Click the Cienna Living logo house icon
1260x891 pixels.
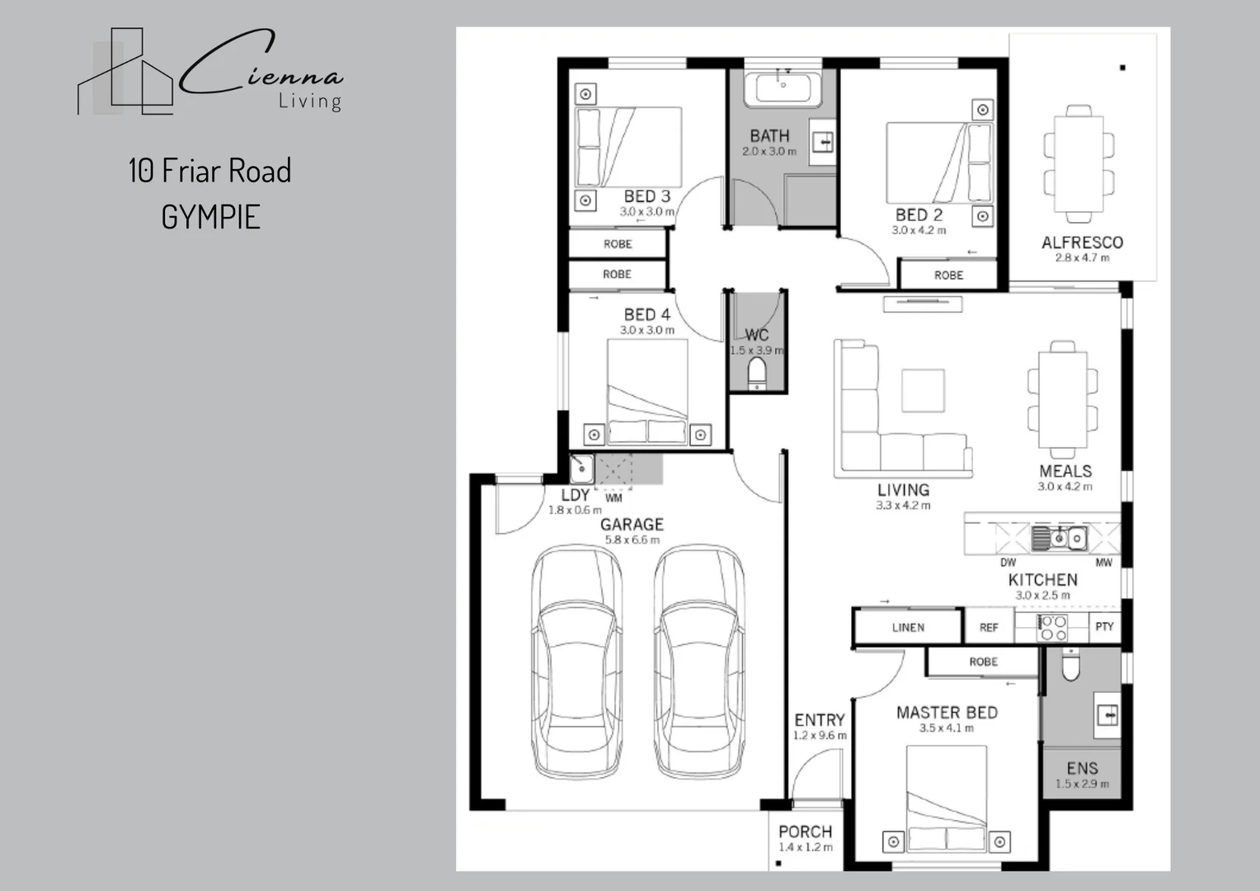125,73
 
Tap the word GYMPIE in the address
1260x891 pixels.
211,218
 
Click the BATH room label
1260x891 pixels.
769,136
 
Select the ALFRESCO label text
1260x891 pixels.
1082,243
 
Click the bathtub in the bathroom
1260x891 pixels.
783,89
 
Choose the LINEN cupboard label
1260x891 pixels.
908,628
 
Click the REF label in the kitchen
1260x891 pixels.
989,628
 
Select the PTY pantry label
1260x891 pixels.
1104,627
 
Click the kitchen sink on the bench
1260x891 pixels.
1060,539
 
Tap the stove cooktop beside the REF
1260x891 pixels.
1052,628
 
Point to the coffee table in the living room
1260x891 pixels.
923,390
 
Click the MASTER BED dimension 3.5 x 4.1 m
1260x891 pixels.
947,728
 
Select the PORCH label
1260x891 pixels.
805,832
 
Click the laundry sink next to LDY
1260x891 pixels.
581,469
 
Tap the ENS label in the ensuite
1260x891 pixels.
1082,768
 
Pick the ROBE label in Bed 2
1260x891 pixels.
948,276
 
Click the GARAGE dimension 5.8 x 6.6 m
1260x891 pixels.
632,540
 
